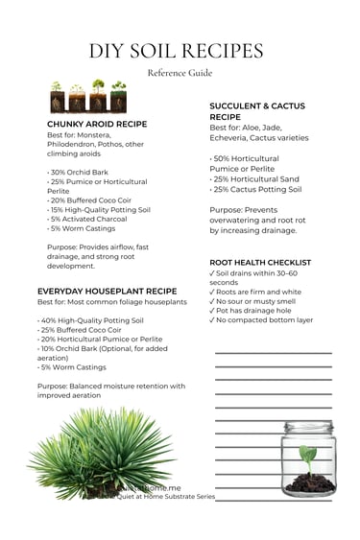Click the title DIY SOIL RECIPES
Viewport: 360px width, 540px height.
[180, 51]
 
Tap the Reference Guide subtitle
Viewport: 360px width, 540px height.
[180, 73]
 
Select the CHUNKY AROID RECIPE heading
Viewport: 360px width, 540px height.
[97, 124]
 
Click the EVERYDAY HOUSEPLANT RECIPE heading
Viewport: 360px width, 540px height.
[108, 291]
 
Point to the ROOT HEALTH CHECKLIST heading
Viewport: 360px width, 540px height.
[260, 262]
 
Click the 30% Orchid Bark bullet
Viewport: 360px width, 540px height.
[80, 174]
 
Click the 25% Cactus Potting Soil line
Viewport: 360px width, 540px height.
[257, 190]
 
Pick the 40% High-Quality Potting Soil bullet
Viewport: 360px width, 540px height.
[91, 320]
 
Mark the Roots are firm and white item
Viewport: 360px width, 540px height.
[256, 292]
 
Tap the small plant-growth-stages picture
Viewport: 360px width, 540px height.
[88, 98]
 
